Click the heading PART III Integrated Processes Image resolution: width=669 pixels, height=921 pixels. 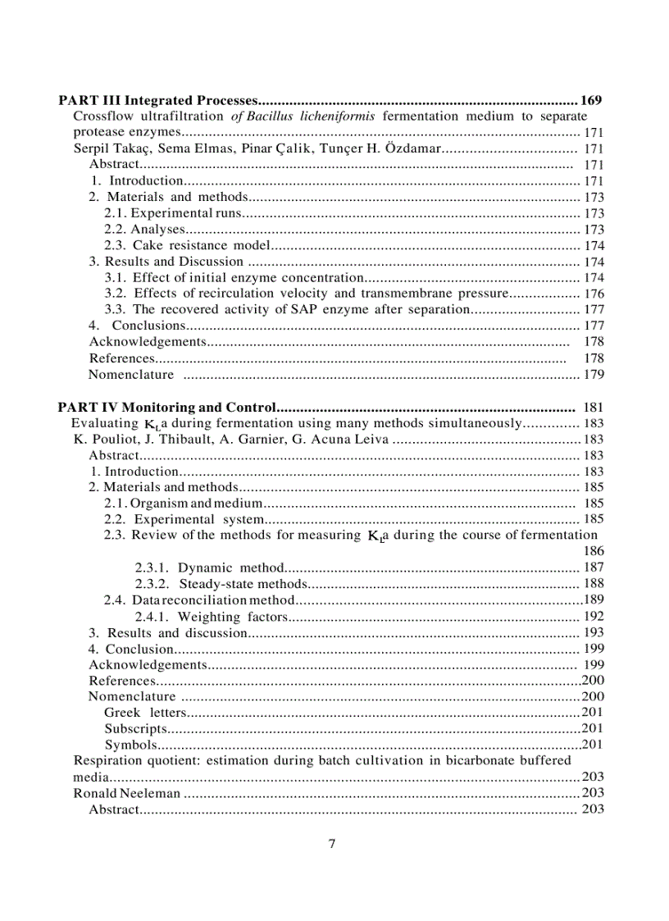pos(157,101)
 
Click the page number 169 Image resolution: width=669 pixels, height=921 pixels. pos(591,101)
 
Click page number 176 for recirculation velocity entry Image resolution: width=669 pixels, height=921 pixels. pos(594,294)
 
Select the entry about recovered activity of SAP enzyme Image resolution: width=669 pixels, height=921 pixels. pos(286,309)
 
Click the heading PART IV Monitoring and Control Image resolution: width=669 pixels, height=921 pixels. pos(167,407)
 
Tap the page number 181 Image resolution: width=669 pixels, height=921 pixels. pos(594,407)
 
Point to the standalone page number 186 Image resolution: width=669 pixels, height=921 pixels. pos(594,551)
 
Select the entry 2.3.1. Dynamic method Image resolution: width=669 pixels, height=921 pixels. pos(208,568)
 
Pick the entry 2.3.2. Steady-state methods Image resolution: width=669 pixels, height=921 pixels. pos(221,584)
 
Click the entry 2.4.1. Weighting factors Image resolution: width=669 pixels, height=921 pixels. pos(212,616)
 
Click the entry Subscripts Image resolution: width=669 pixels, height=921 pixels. pos(136,728)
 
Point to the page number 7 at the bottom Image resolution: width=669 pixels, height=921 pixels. pos(331,844)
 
